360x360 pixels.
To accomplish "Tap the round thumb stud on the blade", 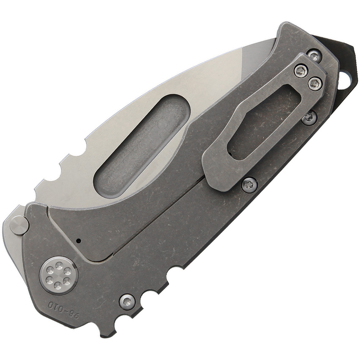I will click(19, 224).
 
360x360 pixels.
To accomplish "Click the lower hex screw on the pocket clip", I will click(315, 83).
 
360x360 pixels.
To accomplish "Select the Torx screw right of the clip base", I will click(310, 118).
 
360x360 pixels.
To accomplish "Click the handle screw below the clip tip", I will click(249, 184).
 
